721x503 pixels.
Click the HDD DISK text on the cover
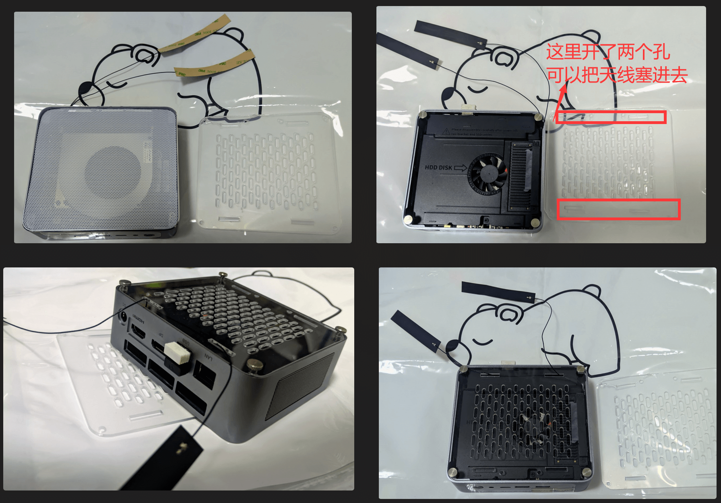point(438,167)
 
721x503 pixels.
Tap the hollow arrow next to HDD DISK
point(461,168)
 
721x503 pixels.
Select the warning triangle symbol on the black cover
point(446,131)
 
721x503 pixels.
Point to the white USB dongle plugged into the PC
point(178,353)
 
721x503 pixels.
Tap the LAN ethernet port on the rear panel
point(204,375)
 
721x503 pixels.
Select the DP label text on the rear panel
point(160,335)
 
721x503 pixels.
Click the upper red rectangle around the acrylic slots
point(611,117)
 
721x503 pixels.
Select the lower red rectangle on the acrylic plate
point(618,209)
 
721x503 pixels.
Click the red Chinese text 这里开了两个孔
point(607,52)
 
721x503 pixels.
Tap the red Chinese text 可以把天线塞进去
point(617,75)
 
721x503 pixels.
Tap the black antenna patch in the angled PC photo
point(169,459)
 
